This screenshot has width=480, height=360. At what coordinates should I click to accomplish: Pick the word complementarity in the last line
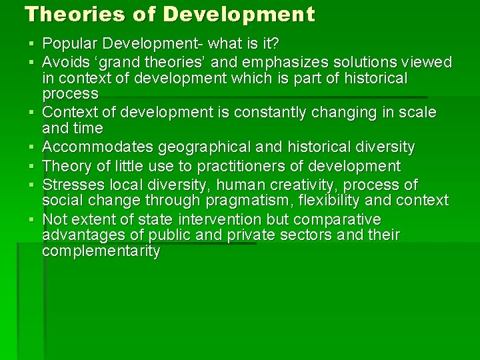click(x=101, y=251)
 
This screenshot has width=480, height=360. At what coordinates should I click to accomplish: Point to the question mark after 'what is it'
click(x=275, y=45)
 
